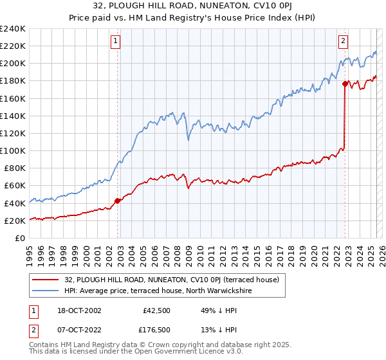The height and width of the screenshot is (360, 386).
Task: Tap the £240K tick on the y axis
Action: (13, 29)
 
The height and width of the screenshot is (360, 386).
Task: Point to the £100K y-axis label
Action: (13, 150)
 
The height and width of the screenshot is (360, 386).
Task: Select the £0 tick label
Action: (20, 238)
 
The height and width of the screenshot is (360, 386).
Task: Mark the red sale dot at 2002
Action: (118, 201)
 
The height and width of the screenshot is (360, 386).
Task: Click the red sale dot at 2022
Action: (345, 84)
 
